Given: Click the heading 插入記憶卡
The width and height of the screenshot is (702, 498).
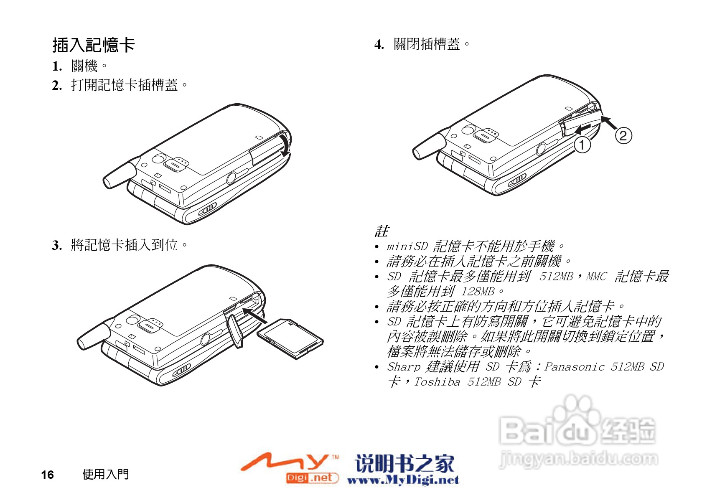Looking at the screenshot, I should [94, 45].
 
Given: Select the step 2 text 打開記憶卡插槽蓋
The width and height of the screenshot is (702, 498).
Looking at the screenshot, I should [125, 85].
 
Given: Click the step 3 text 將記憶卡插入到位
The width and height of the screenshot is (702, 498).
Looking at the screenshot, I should [125, 245].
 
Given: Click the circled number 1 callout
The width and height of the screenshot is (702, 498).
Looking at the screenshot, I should [582, 145].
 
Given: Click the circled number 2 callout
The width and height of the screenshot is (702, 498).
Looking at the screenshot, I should [623, 136].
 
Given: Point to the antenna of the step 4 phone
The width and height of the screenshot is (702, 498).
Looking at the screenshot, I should [428, 147].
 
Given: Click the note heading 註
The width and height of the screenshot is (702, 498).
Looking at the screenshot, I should [382, 231].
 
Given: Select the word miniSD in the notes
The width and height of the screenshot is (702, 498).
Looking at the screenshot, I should [407, 246].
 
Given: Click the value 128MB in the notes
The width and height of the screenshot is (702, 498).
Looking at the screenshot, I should [478, 292].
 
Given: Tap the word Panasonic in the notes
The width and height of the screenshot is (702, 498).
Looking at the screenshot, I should [574, 367].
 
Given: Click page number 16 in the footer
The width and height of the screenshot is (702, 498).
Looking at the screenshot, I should [47, 475].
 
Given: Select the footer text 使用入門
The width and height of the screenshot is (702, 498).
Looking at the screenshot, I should [105, 474].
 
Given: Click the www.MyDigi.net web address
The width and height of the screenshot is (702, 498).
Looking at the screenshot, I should [402, 480].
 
